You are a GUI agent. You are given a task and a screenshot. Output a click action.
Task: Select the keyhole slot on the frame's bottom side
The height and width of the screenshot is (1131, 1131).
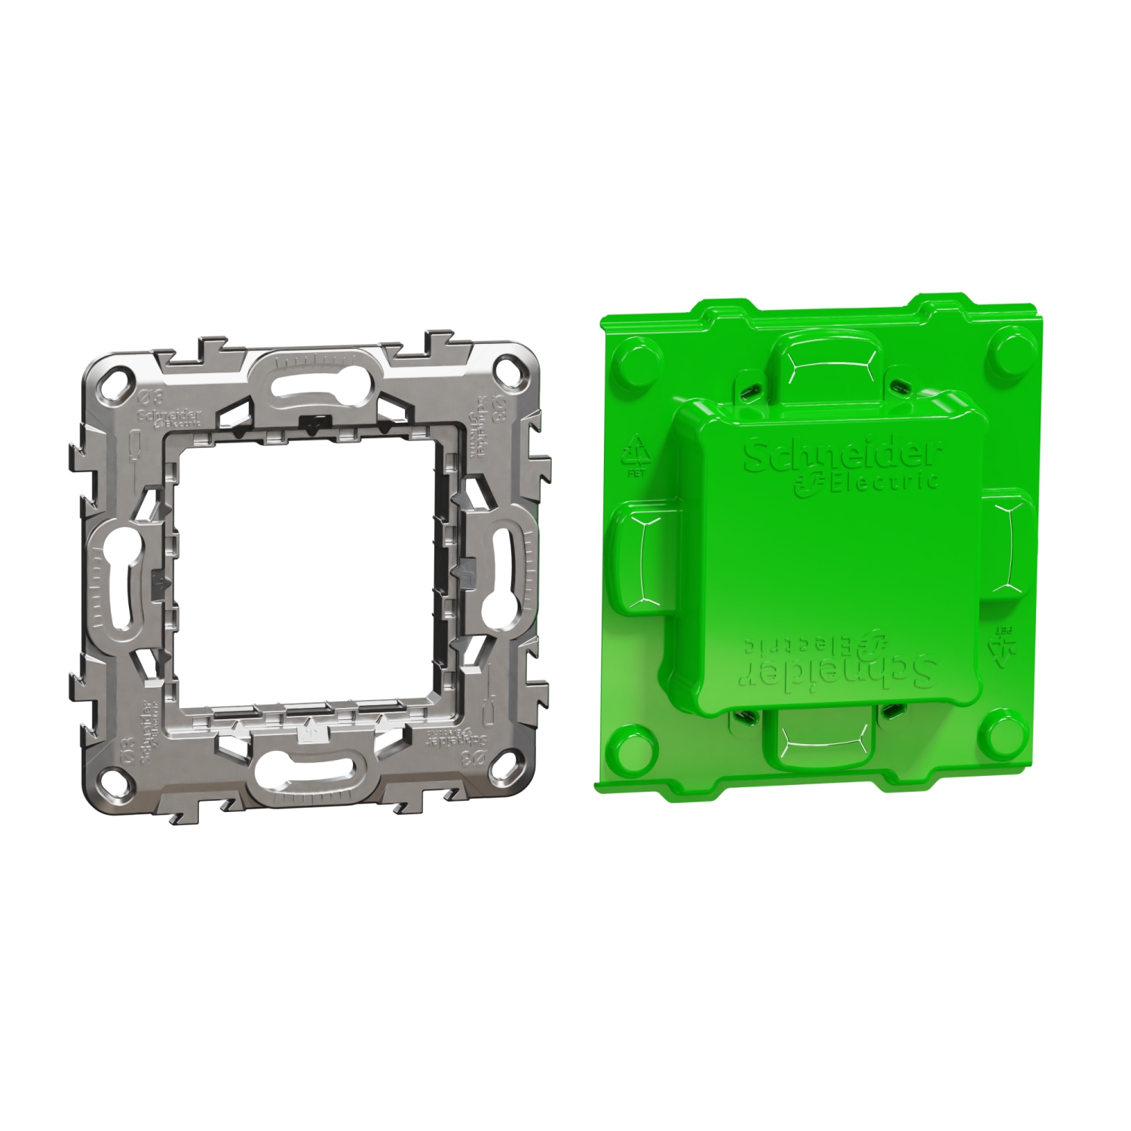pyautogui.click(x=305, y=772)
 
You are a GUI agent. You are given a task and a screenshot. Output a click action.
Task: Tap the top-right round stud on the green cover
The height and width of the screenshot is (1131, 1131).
pyautogui.click(x=1009, y=348)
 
